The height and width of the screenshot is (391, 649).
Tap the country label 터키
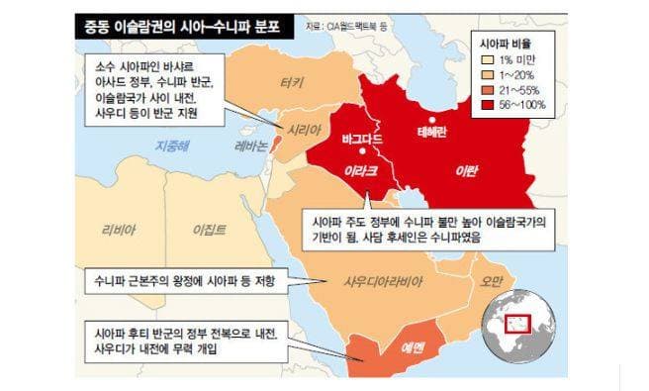coord(292,82)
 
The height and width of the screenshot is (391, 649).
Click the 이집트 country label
coord(209,231)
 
